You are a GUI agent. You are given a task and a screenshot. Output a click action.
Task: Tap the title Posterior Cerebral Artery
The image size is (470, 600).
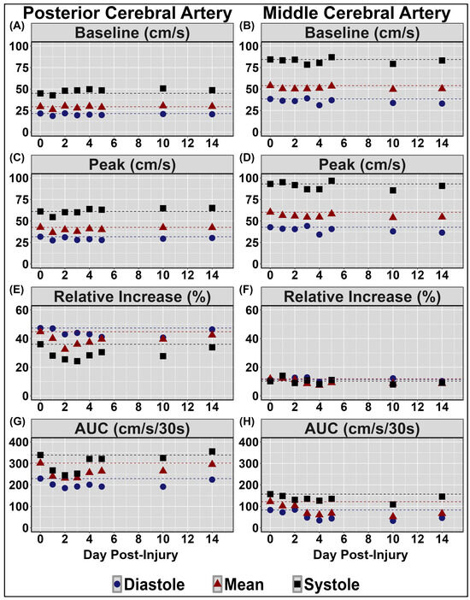pos(118,10)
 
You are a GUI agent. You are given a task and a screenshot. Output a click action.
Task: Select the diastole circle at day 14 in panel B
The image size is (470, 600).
pos(442,103)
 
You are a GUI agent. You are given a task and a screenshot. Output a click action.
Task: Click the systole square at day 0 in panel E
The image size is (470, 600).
pos(40,344)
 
